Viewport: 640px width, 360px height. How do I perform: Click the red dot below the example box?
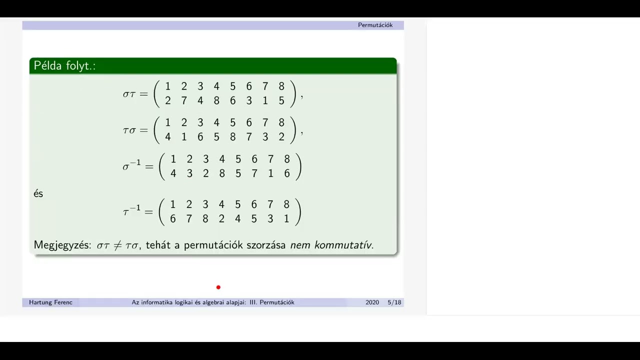[218, 287]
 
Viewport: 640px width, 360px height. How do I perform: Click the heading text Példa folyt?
[64, 66]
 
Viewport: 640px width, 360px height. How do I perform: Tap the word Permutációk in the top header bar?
[375, 25]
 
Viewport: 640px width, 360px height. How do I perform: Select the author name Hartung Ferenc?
[50, 302]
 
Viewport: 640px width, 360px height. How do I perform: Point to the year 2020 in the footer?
[372, 302]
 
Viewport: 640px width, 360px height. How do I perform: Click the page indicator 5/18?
[394, 302]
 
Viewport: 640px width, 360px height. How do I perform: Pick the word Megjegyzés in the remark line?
[62, 245]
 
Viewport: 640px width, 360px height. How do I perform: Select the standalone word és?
[38, 194]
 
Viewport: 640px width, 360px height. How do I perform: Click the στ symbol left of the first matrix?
[129, 94]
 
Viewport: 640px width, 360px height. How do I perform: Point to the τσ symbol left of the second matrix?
[129, 130]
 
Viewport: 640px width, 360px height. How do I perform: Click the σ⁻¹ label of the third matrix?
[131, 166]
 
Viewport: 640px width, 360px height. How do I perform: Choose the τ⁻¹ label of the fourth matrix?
[131, 211]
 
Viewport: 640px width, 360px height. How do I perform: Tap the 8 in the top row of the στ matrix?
[281, 87]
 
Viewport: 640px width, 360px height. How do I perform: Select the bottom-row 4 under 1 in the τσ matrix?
[168, 137]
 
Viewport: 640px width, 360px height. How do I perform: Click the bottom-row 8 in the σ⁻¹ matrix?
[222, 173]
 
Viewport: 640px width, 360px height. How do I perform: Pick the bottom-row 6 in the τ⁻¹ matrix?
[173, 218]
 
